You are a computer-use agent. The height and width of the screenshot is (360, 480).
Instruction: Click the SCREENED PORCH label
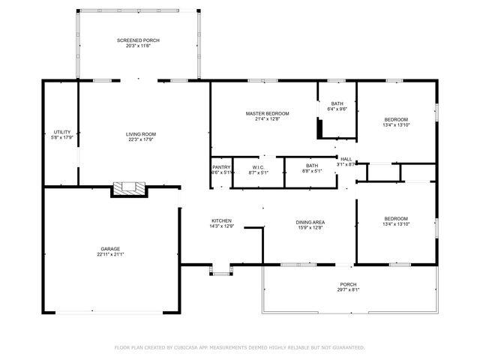(x=138, y=40)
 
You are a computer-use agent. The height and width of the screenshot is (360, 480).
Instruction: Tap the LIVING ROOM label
(x=141, y=134)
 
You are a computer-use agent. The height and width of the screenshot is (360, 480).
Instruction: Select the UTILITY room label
(x=61, y=132)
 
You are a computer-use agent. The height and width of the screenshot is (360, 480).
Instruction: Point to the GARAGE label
(x=111, y=248)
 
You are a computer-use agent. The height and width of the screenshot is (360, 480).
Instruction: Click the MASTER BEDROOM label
(x=267, y=113)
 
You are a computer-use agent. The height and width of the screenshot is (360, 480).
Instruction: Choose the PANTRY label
(x=221, y=167)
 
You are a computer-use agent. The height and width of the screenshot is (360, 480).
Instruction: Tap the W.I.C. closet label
(x=258, y=167)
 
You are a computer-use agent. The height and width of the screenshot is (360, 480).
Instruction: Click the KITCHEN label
(x=221, y=220)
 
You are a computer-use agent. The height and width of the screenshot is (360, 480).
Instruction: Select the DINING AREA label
(x=310, y=221)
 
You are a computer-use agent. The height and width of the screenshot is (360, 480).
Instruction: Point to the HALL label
(x=346, y=159)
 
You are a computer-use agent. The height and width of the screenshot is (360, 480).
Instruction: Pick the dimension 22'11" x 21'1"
(x=111, y=254)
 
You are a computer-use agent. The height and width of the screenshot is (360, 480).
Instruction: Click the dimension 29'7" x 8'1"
(x=349, y=290)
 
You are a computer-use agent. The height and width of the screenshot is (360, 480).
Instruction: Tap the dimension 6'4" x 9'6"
(x=337, y=109)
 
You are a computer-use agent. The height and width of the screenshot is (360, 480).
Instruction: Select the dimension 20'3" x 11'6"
(x=138, y=46)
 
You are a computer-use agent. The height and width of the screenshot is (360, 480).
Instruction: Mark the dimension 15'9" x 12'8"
(x=310, y=227)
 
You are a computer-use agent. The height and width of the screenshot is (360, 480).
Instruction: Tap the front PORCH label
(x=349, y=284)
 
